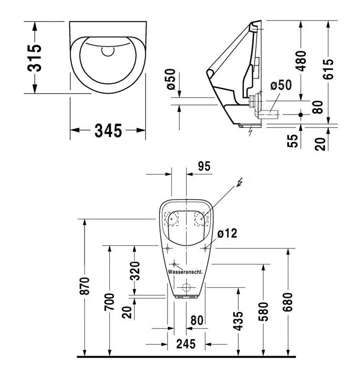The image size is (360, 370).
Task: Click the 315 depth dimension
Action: [x=35, y=58]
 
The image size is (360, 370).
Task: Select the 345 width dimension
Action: [x=108, y=130]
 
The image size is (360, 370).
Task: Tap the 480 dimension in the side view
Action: [x=301, y=61]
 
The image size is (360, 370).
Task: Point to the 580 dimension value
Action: [x=263, y=311]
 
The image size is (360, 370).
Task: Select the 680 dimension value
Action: [x=288, y=301]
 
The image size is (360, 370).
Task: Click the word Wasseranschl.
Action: [x=185, y=272]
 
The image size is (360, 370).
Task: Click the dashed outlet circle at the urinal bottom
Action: [x=186, y=288]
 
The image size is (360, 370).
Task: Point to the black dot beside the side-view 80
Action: [x=301, y=115]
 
